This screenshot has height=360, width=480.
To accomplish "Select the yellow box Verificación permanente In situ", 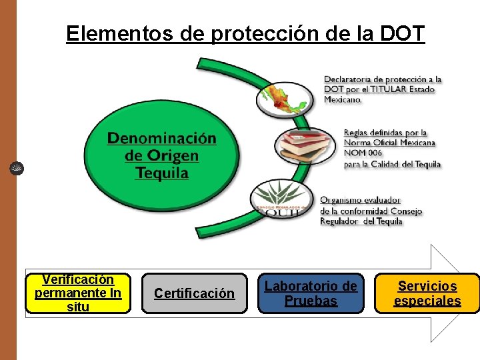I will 78,293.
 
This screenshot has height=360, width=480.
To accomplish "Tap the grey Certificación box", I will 194,293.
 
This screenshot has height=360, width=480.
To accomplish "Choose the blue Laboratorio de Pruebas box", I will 311,293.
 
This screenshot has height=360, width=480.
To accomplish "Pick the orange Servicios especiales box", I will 427,293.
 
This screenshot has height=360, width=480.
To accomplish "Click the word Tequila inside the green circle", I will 162,173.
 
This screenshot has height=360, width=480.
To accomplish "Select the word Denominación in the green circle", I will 162,139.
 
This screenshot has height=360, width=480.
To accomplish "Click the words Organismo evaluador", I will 360,199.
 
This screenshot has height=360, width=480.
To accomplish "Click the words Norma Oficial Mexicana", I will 389,143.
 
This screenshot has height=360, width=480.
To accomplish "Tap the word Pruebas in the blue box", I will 311,301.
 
